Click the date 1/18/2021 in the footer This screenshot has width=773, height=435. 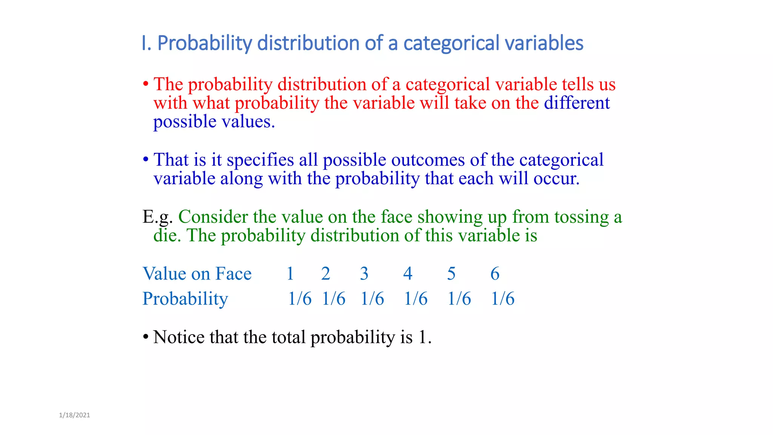(74, 415)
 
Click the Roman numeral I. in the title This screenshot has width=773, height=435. (146, 43)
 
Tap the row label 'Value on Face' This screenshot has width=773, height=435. (197, 273)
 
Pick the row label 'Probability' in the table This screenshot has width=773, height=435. (185, 299)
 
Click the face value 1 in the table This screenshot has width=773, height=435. (290, 273)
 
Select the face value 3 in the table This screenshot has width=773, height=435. (364, 273)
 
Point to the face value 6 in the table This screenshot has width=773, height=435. (495, 273)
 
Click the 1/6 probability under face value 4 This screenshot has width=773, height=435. (416, 299)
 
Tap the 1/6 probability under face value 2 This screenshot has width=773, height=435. (334, 299)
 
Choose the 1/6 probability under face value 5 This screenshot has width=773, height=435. (459, 299)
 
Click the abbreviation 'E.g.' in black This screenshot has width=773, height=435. (157, 217)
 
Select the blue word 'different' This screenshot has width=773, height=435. (577, 103)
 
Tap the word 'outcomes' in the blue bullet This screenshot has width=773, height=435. (428, 160)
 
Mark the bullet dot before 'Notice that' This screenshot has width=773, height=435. (146, 337)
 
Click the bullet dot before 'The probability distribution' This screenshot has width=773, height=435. (146, 84)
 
